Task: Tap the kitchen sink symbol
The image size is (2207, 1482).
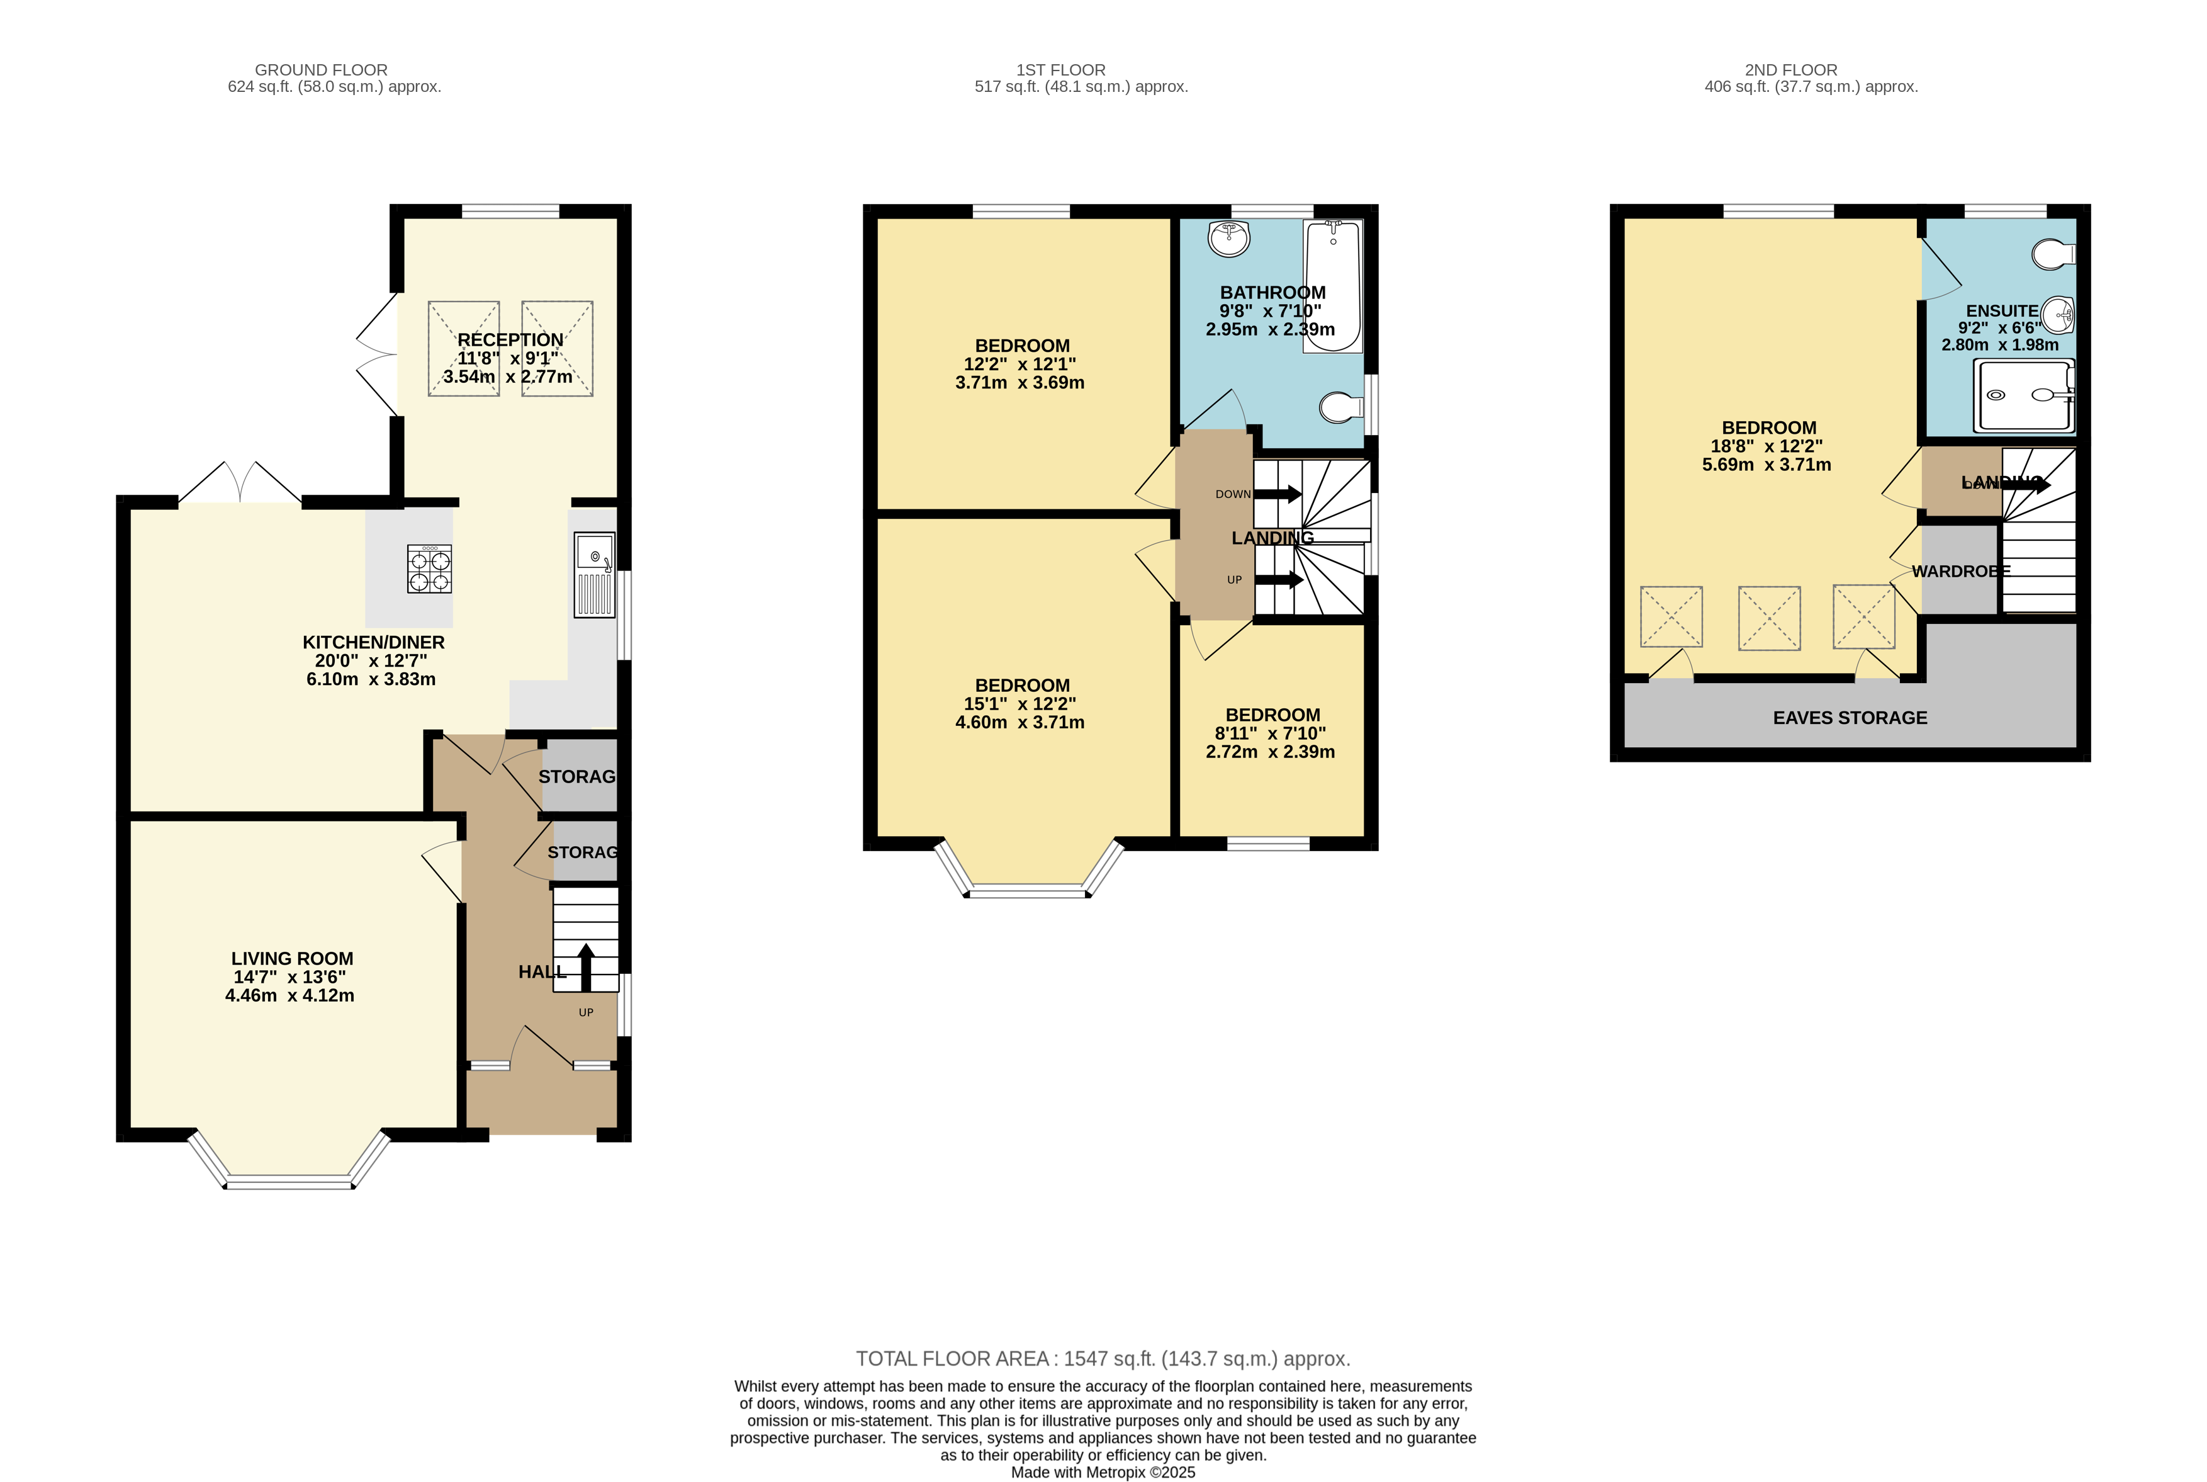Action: click(594, 575)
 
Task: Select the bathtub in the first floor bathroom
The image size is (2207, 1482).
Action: click(1332, 285)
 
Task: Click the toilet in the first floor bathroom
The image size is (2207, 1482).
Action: click(1340, 407)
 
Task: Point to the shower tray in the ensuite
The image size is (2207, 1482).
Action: click(2024, 395)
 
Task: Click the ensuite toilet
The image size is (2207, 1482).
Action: click(2053, 254)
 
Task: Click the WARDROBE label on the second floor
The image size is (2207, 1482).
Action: click(1960, 571)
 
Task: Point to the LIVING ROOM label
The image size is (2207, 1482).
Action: click(292, 958)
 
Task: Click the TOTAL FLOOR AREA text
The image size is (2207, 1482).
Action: click(1103, 1358)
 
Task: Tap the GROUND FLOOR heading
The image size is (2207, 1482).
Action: click(321, 70)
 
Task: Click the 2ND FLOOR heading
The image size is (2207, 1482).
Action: click(1790, 70)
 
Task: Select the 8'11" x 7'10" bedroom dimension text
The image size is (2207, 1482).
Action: click(1270, 733)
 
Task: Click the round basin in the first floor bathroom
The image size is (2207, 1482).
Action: click(1228, 237)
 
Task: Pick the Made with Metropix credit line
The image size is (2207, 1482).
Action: click(1103, 1471)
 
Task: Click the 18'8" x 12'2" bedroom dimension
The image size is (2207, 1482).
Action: click(1766, 446)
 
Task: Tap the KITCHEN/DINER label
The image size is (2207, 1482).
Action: click(373, 642)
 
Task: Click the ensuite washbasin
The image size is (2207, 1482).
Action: click(2058, 314)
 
